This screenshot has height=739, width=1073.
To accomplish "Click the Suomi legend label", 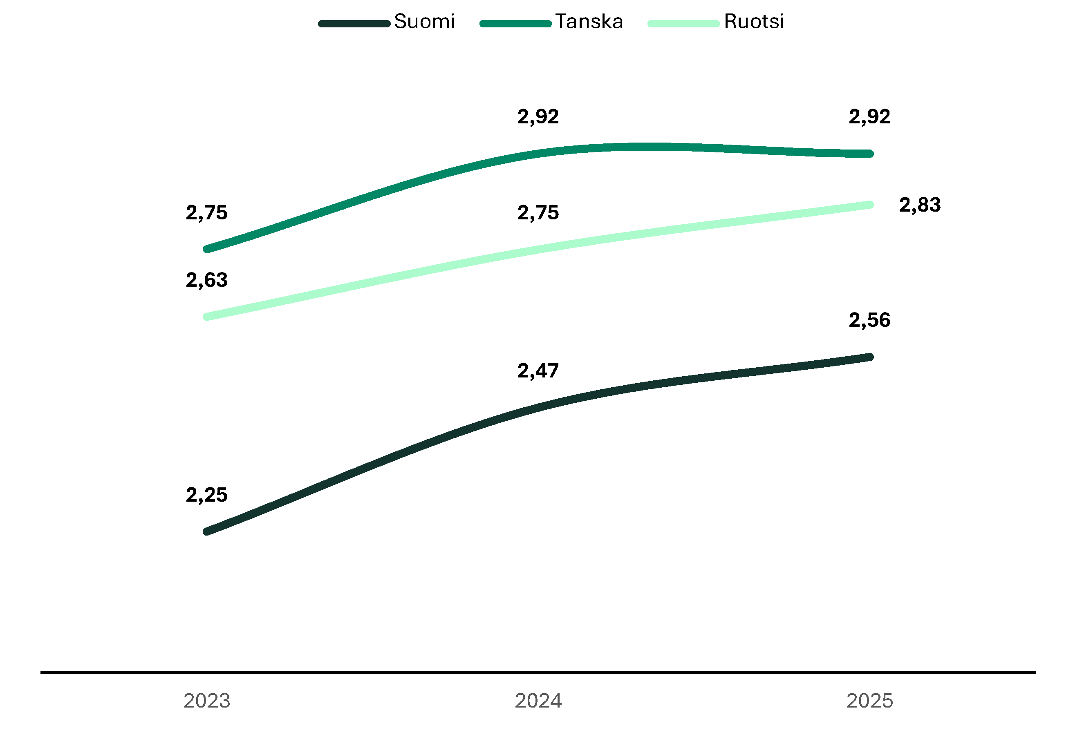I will click(x=424, y=22).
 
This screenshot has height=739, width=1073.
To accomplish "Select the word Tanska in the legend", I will click(x=589, y=22).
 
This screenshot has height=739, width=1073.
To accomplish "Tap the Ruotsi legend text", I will click(x=753, y=22).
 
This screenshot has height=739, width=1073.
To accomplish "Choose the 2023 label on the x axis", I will click(x=207, y=701).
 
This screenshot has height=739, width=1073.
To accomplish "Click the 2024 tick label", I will click(x=538, y=701).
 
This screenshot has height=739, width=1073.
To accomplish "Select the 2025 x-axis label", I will click(x=869, y=701).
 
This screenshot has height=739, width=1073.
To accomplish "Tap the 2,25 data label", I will click(x=207, y=495).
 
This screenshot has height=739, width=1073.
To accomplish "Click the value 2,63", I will click(x=207, y=280).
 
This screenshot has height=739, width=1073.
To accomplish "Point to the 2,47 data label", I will click(x=538, y=371).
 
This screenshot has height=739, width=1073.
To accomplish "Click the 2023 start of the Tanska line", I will click(x=207, y=249).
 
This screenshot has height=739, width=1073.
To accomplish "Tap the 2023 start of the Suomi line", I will click(x=207, y=531).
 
